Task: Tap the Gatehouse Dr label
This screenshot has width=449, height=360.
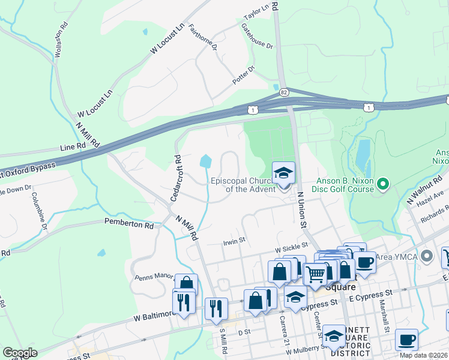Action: coord(257,37)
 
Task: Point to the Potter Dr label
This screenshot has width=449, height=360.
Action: coord(244,76)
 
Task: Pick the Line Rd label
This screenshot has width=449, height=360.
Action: coord(73,146)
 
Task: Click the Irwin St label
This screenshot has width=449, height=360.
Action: coord(235,241)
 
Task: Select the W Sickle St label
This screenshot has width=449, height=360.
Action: coord(291,246)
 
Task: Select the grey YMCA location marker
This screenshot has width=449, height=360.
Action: coord(427,256)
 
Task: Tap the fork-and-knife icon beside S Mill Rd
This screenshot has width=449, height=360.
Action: coord(215,308)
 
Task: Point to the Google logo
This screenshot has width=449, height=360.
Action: coord(20,353)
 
